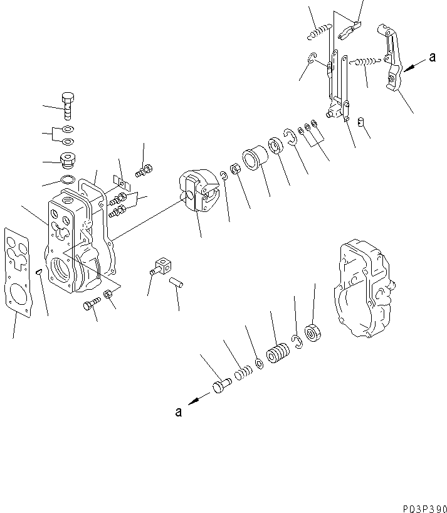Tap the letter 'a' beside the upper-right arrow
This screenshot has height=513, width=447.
[x=432, y=58]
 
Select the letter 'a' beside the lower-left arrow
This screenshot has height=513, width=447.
[x=179, y=412]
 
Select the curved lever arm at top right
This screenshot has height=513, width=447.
[x=391, y=60]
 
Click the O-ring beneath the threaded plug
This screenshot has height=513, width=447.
[x=68, y=181]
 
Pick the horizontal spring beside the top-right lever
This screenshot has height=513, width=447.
[x=365, y=61]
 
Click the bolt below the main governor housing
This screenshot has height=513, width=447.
[x=90, y=305]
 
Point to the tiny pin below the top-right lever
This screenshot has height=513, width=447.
[x=360, y=121]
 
